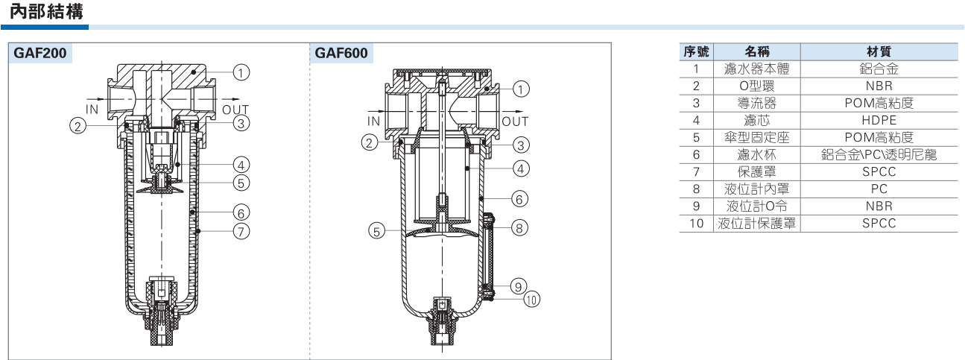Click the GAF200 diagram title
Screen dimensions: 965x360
tap(40, 53)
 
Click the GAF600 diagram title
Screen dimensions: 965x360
tap(341, 53)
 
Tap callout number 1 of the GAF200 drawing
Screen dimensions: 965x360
tap(241, 72)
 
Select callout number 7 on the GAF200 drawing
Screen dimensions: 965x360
tap(241, 232)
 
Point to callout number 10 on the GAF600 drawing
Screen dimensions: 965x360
tap(532, 299)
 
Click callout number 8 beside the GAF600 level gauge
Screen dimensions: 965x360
tap(519, 228)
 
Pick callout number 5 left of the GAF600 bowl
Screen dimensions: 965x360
tap(376, 231)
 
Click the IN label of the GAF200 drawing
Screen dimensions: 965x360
tap(92, 110)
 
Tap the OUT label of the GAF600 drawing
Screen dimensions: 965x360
tap(515, 121)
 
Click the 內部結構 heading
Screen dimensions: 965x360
tap(46, 12)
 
